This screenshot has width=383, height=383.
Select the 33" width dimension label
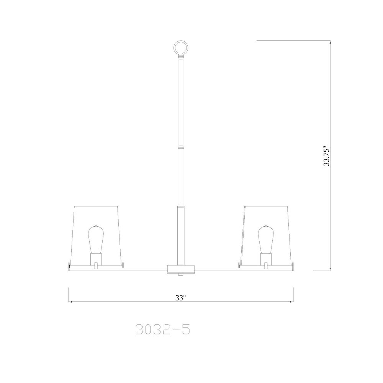tap(180, 297)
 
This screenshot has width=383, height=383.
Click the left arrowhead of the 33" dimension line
tap(70, 302)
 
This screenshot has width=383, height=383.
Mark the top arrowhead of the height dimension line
tap(331, 42)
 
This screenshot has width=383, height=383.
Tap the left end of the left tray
tap(69, 265)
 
